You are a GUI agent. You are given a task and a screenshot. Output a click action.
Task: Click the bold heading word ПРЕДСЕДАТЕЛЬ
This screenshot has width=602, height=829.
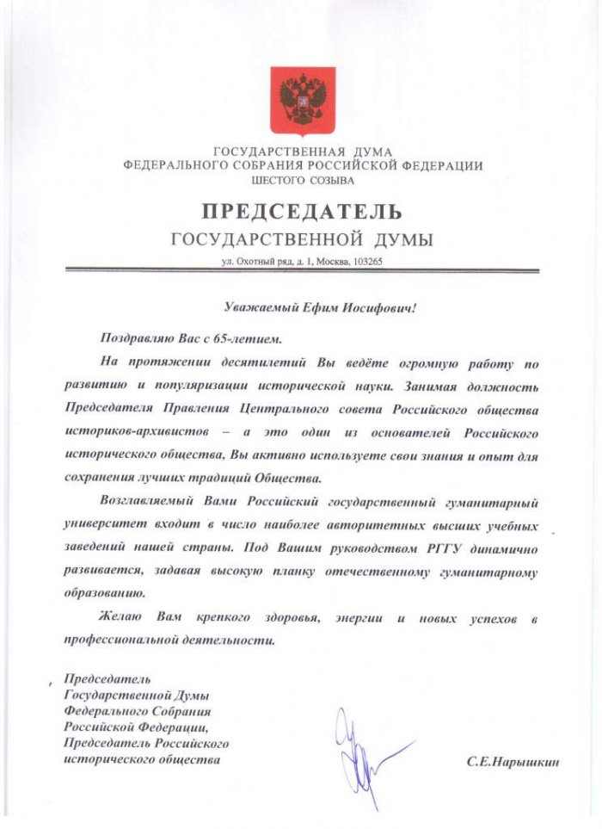click(x=302, y=211)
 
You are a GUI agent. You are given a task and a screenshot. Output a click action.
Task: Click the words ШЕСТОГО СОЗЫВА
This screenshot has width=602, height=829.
click(x=302, y=181)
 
